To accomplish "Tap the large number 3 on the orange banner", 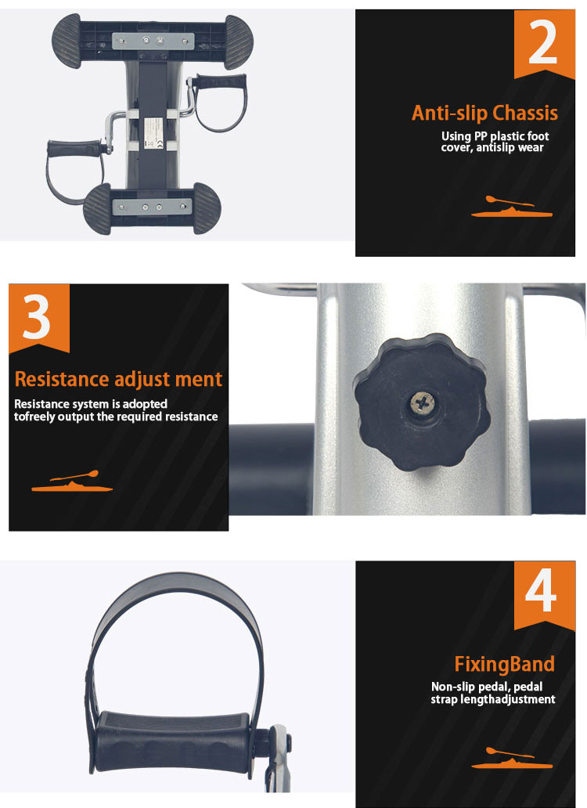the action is pos(37,317).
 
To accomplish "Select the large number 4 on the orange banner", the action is pos(541,590).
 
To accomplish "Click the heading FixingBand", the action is pos(505,664).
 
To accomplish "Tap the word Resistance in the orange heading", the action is pos(62,379).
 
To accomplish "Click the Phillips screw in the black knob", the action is pos(422,403).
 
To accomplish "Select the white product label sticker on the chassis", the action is pos(153,133).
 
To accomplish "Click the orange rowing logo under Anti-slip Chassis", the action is pos(512,207).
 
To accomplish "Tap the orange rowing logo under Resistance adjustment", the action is pos(72,482).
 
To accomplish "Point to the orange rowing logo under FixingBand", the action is pos(512,758).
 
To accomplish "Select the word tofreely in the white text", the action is pos(34,417).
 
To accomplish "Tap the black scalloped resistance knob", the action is pos(422,402).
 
